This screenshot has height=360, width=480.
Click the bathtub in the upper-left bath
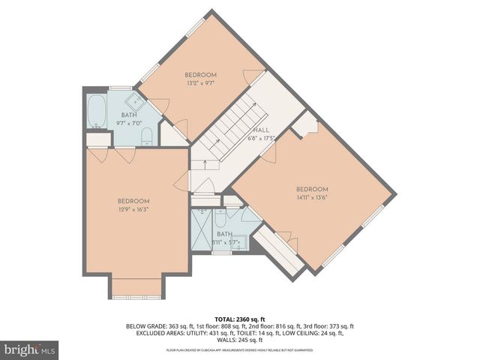point(97,111)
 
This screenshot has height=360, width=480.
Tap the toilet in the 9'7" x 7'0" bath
point(147,136)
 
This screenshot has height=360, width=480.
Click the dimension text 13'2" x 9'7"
point(200,85)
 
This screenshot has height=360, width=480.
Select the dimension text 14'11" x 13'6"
point(311,199)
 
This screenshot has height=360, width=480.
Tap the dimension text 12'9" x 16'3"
point(133,211)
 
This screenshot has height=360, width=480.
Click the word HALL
point(261,130)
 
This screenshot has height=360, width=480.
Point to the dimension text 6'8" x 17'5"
point(262,138)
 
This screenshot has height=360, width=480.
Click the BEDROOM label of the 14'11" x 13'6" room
point(311,189)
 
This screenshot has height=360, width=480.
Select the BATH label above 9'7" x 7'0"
point(130,115)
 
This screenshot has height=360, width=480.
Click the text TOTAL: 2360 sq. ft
point(239,319)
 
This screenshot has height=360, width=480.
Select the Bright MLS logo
point(30,349)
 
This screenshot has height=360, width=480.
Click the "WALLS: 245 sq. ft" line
point(239,340)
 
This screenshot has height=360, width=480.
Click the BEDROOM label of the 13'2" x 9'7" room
point(200,75)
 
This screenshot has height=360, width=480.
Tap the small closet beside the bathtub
point(98,139)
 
